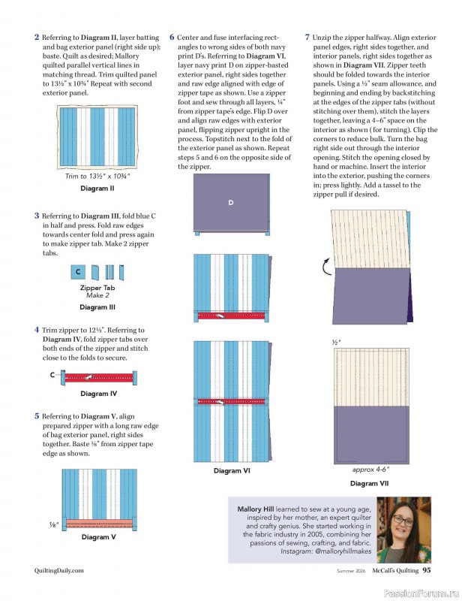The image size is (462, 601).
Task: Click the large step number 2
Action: tap(37, 37)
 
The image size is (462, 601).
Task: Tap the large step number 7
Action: tap(307, 37)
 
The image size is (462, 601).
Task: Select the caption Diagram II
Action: tap(97, 188)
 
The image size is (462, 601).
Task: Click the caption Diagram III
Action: tap(97, 307)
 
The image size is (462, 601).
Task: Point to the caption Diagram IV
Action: tap(98, 394)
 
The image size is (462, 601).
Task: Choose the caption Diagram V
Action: tap(98, 537)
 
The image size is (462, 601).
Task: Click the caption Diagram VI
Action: tap(232, 471)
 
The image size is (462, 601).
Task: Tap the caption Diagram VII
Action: tap(368, 484)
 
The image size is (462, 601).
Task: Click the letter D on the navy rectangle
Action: tap(231, 203)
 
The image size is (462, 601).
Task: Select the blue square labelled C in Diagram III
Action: tap(78, 271)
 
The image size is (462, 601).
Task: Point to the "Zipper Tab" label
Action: tap(97, 288)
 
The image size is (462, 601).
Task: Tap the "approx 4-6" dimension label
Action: tap(370, 470)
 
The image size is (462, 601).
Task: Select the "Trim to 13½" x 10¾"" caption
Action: tap(97, 177)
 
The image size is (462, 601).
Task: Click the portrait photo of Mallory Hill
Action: tap(403, 530)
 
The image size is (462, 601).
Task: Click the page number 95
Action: tap(426, 570)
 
